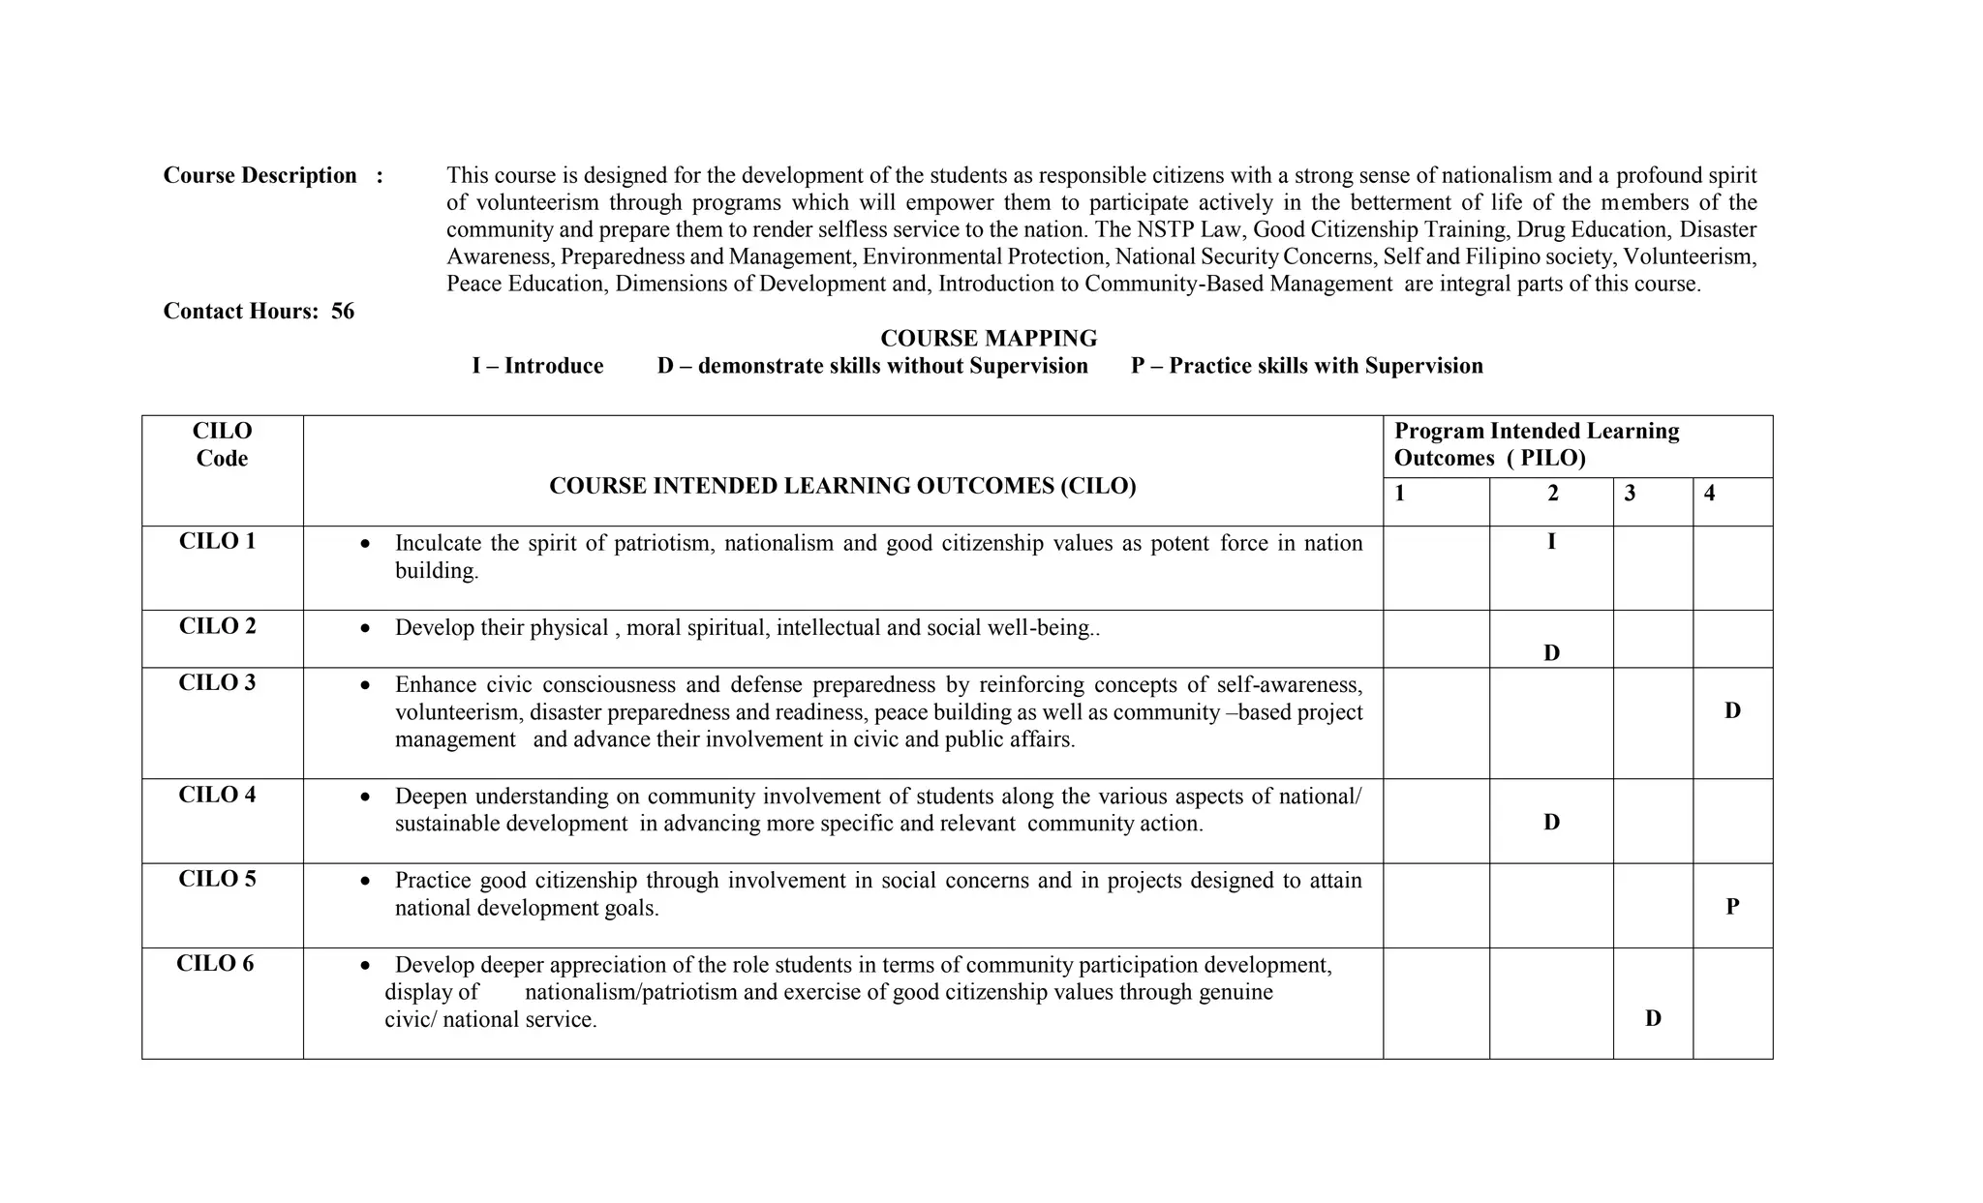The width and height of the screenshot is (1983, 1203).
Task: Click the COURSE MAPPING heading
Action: pyautogui.click(x=988, y=339)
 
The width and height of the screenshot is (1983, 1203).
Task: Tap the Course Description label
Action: pyautogui.click(x=259, y=175)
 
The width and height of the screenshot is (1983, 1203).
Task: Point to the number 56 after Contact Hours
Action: pyautogui.click(x=343, y=311)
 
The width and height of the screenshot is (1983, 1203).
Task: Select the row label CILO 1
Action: pyautogui.click(x=218, y=541)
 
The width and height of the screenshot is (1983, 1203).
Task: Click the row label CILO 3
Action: pyautogui.click(x=218, y=683)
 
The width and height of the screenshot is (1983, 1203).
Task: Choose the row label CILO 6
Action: pyautogui.click(x=215, y=964)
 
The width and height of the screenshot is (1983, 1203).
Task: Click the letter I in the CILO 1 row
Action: pyautogui.click(x=1551, y=542)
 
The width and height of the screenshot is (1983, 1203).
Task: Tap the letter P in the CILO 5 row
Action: pyautogui.click(x=1732, y=907)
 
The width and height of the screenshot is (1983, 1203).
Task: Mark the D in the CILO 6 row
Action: pyautogui.click(x=1653, y=1018)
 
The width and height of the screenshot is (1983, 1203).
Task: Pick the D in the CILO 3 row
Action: pyautogui.click(x=1732, y=711)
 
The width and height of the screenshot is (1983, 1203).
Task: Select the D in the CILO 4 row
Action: pyautogui.click(x=1551, y=823)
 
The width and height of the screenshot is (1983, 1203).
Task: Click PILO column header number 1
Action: pyautogui.click(x=1399, y=494)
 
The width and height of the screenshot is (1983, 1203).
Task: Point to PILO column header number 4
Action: pyautogui.click(x=1709, y=494)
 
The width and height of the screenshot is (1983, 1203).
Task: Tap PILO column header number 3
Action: pyautogui.click(x=1630, y=494)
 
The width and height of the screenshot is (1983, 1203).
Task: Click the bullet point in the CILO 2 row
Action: pyautogui.click(x=364, y=629)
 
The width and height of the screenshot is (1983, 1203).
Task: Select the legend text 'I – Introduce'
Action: pyautogui.click(x=537, y=366)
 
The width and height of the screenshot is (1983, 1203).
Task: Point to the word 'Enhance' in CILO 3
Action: pyautogui.click(x=435, y=685)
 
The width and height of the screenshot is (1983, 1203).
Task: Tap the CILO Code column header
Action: pyautogui.click(x=222, y=444)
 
